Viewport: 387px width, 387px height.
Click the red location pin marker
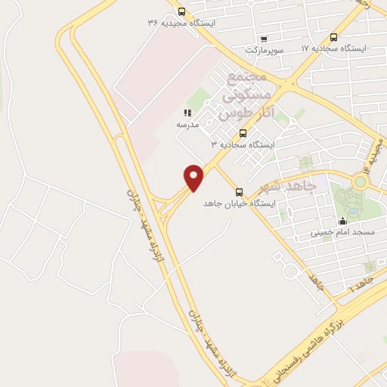195,177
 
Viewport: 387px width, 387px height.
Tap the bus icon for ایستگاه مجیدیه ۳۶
181,11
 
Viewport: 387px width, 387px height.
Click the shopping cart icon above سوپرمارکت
262,39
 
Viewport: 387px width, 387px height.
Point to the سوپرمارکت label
263,50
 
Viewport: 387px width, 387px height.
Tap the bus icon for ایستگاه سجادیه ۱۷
334,36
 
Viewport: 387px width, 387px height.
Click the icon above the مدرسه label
187,113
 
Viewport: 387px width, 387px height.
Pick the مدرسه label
187,124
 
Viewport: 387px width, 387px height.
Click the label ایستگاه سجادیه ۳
243,144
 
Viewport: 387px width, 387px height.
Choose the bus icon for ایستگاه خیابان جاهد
240,192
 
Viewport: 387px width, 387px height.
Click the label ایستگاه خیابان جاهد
240,204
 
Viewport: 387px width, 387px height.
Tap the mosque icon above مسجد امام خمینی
342,221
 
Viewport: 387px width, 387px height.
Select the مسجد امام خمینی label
342,233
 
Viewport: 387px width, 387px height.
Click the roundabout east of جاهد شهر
361,181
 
